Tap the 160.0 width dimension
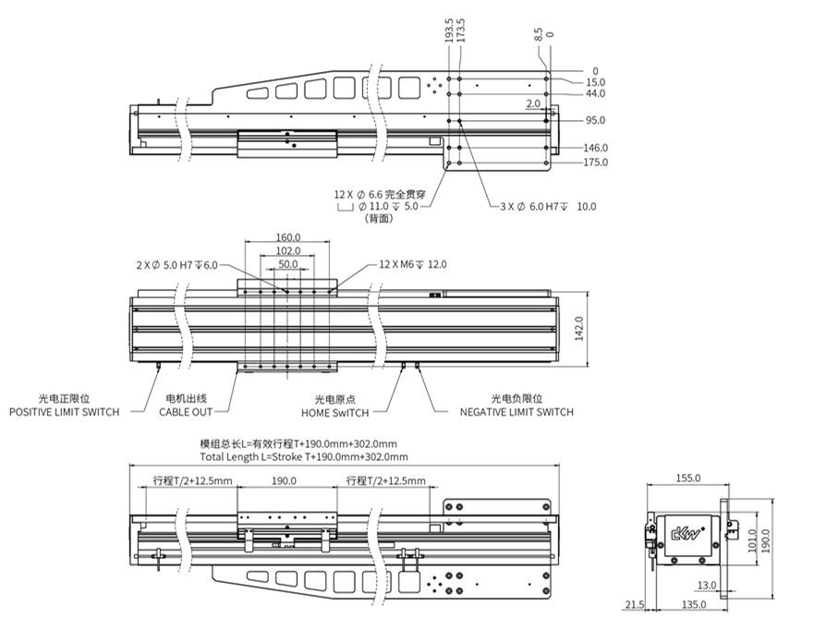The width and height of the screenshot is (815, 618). (x=287, y=236)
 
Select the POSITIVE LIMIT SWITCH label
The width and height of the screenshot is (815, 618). (x=64, y=412)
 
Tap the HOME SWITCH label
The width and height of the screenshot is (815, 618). (x=335, y=412)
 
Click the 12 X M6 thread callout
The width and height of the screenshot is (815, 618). (x=412, y=264)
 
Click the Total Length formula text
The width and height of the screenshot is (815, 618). (x=298, y=456)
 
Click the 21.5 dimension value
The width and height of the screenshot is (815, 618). (x=635, y=605)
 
